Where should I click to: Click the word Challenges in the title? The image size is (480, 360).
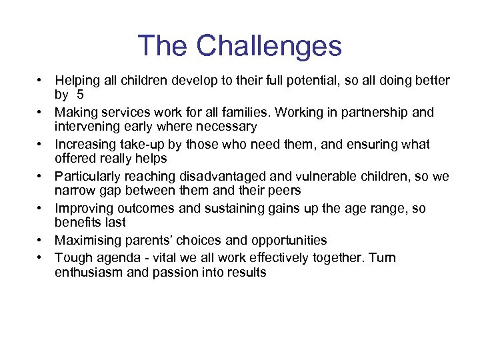pos(269,46)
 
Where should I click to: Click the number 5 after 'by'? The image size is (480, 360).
pos(80,95)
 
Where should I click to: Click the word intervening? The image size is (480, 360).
pos(85,127)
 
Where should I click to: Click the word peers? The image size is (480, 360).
pos(284,191)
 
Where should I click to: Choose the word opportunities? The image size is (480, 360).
pos(287,240)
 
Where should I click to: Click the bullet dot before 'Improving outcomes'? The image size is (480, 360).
pos(41,209)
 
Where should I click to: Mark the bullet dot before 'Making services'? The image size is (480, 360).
pos(41,113)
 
